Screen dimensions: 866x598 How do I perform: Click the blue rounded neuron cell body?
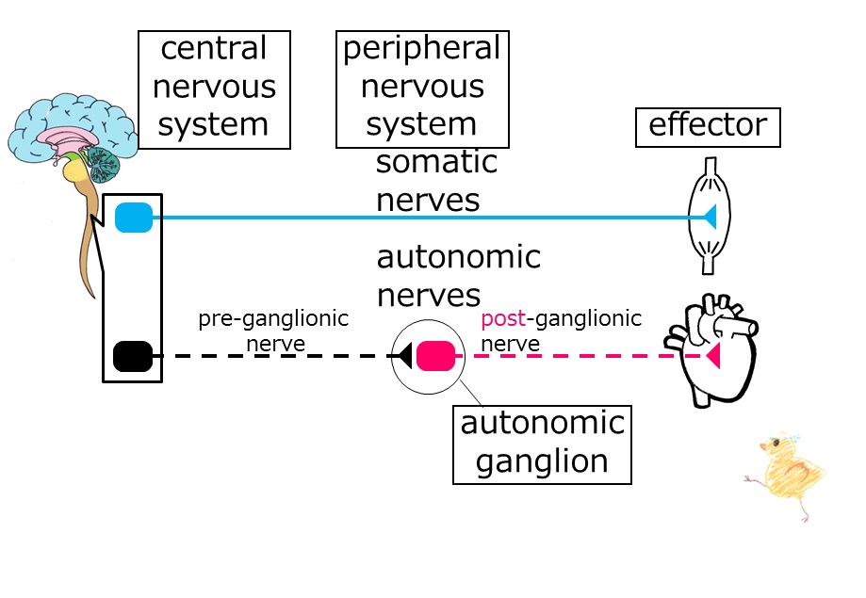(x=134, y=218)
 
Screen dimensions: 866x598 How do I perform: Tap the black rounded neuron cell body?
(x=133, y=356)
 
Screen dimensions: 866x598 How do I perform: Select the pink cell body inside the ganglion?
(x=435, y=356)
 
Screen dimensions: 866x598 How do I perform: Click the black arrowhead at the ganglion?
(x=405, y=356)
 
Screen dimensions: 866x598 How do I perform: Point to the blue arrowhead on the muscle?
(x=711, y=217)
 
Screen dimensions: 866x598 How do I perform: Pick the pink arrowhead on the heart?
(x=713, y=356)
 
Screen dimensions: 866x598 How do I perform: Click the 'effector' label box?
(x=708, y=127)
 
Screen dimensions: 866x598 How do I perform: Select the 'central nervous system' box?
(x=214, y=89)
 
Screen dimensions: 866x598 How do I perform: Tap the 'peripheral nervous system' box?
(x=422, y=89)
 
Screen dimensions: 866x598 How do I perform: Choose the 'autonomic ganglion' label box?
(x=542, y=444)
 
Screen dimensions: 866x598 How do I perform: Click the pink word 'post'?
(x=503, y=319)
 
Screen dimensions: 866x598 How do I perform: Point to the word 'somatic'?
(x=437, y=162)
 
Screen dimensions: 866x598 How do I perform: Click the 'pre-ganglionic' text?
(x=273, y=319)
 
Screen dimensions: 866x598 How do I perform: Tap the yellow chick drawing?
(x=787, y=475)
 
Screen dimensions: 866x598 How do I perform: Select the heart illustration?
(x=711, y=350)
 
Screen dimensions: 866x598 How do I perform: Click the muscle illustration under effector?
(x=710, y=216)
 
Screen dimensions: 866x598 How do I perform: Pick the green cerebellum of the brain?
(x=104, y=164)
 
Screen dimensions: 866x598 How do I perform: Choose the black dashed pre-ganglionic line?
(x=275, y=356)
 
